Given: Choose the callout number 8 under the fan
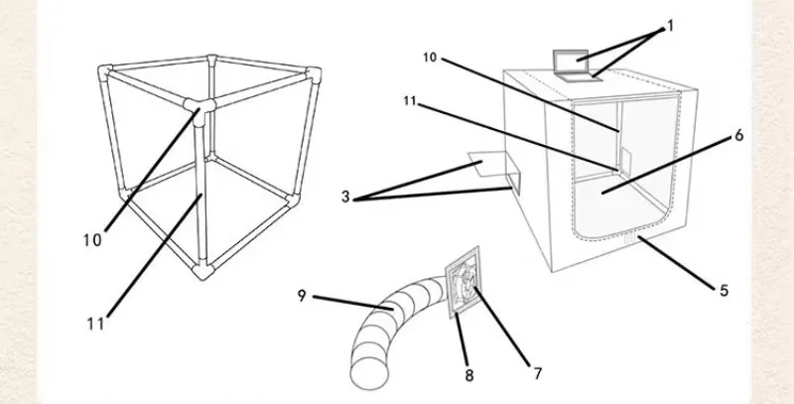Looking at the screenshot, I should (469, 375).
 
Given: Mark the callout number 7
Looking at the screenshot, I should (537, 373).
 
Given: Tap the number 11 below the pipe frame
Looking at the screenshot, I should (94, 323).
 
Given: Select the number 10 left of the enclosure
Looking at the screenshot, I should (430, 59).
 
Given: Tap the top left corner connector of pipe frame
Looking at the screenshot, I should (106, 73).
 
